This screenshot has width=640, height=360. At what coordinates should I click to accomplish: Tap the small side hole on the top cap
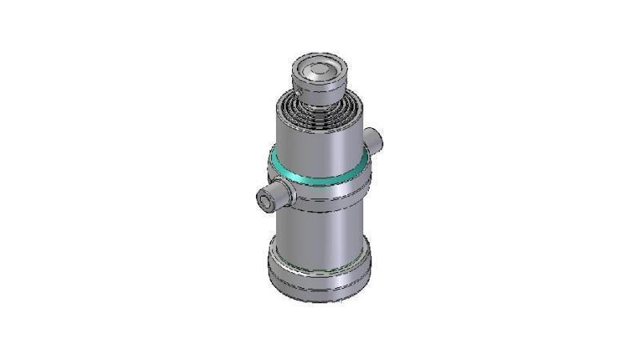point(298,90)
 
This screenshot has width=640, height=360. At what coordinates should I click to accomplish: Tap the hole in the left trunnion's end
point(263,200)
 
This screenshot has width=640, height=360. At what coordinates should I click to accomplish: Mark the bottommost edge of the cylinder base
point(320,298)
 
